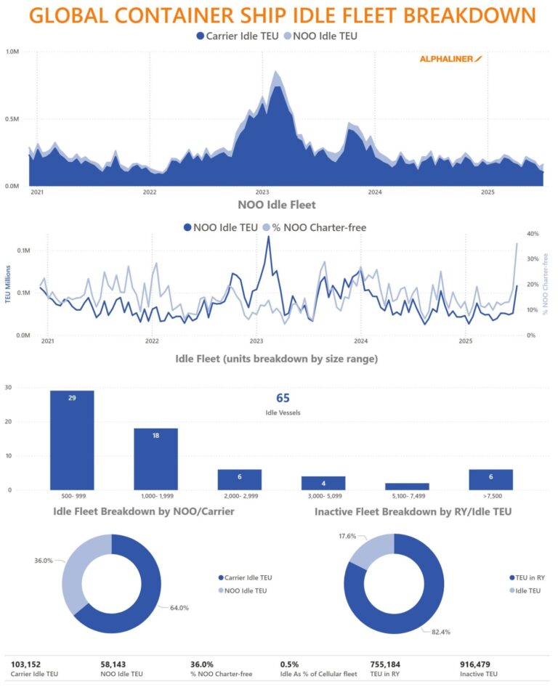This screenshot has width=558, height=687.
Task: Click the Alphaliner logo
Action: pyautogui.click(x=450, y=59)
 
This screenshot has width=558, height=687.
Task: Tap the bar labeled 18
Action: pyautogui.click(x=155, y=459)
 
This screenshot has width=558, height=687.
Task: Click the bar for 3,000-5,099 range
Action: pyautogui.click(x=323, y=483)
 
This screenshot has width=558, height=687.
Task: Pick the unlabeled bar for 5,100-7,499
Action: pyautogui.click(x=407, y=487)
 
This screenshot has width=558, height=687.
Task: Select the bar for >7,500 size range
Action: pyautogui.click(x=491, y=479)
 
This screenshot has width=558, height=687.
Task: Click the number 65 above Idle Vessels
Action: pyautogui.click(x=283, y=398)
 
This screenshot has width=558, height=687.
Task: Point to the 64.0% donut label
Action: pyautogui.click(x=179, y=608)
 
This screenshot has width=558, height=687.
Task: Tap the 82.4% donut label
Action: pyautogui.click(x=440, y=632)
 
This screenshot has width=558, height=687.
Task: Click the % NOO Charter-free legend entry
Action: pyautogui.click(x=317, y=227)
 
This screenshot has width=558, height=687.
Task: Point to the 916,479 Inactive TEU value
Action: pyautogui.click(x=480, y=664)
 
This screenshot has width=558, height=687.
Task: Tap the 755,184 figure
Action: pyautogui.click(x=390, y=664)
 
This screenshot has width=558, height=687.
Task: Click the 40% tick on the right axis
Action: pyautogui.click(x=532, y=234)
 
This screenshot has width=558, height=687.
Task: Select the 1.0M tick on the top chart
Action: pyautogui.click(x=12, y=52)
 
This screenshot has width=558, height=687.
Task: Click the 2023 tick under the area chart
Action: pyautogui.click(x=262, y=192)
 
